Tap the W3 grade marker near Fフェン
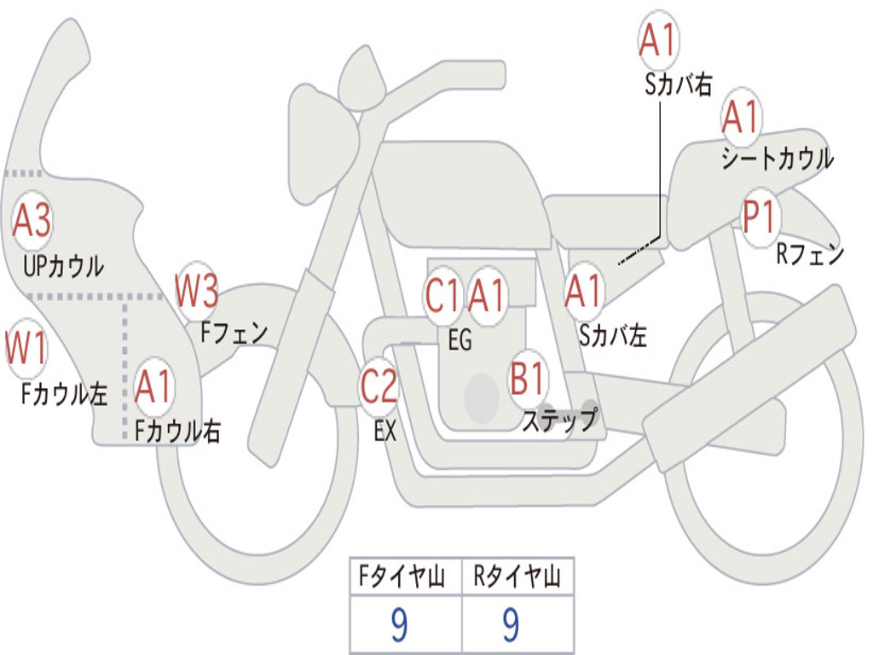pyautogui.click(x=197, y=291)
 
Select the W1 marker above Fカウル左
pyautogui.click(x=26, y=347)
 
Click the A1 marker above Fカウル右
pyautogui.click(x=153, y=386)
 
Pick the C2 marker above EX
pyautogui.click(x=379, y=386)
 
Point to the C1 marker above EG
pyautogui.click(x=443, y=295)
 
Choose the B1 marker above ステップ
pyautogui.click(x=527, y=378)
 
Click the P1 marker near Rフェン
pyautogui.click(x=760, y=217)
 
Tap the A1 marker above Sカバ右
pyautogui.click(x=658, y=40)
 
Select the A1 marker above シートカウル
pyautogui.click(x=741, y=117)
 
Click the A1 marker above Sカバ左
pyautogui.click(x=583, y=292)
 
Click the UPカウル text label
pyautogui.click(x=63, y=266)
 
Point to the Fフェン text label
pyautogui.click(x=234, y=333)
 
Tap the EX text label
pyautogui.click(x=384, y=431)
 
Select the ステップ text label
pyautogui.click(x=560, y=420)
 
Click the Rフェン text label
pyautogui.click(x=810, y=254)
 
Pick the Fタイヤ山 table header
pyautogui.click(x=402, y=576)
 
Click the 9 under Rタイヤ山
pyautogui.click(x=512, y=625)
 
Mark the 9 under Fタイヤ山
pyautogui.click(x=399, y=625)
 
